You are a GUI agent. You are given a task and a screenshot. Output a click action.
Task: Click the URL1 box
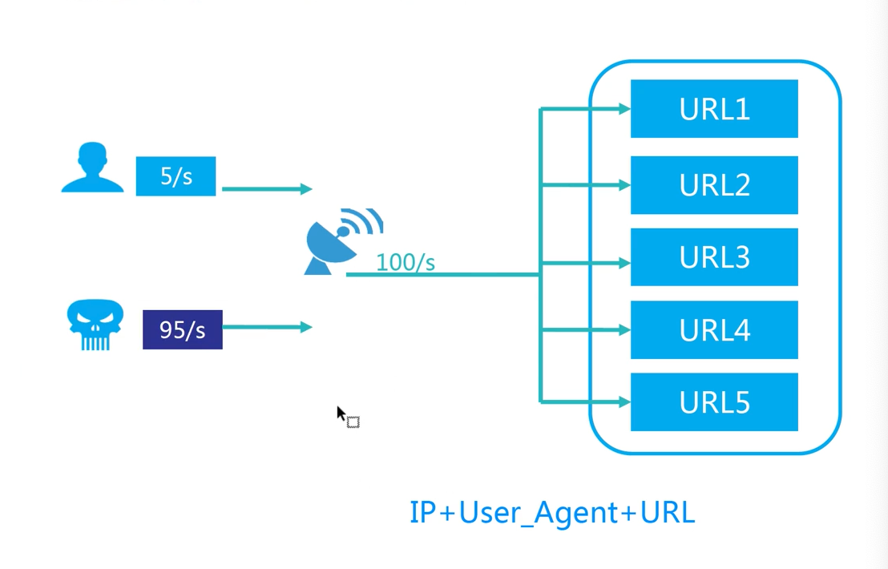[x=714, y=109]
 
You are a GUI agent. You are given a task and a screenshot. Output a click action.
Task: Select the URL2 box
[x=714, y=185]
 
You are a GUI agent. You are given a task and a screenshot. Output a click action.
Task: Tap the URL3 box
[x=714, y=257]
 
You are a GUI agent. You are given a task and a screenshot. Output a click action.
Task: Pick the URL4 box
[x=714, y=330]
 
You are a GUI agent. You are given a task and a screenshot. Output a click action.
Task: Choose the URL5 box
[x=714, y=402]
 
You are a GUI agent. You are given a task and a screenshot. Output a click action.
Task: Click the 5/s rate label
[x=176, y=176]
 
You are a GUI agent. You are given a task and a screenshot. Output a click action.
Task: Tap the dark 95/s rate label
[x=183, y=329]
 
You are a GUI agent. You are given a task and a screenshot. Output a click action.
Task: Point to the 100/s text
[x=406, y=262]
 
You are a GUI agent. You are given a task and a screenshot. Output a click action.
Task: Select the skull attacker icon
[x=95, y=325]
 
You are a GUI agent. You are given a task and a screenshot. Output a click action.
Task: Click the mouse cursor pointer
[x=342, y=414]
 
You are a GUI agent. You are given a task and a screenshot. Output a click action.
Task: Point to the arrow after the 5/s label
[x=266, y=189]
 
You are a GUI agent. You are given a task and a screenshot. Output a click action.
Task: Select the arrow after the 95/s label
[x=267, y=327]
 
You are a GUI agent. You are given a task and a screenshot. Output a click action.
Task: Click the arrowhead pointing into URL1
[x=624, y=108]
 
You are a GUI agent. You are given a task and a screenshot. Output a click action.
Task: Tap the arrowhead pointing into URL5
[x=624, y=402]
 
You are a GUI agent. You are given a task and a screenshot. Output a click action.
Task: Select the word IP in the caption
[x=422, y=512]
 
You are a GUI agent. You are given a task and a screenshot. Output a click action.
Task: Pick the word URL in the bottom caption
[x=668, y=512]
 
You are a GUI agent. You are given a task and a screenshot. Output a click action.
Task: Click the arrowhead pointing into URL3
[x=624, y=262]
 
